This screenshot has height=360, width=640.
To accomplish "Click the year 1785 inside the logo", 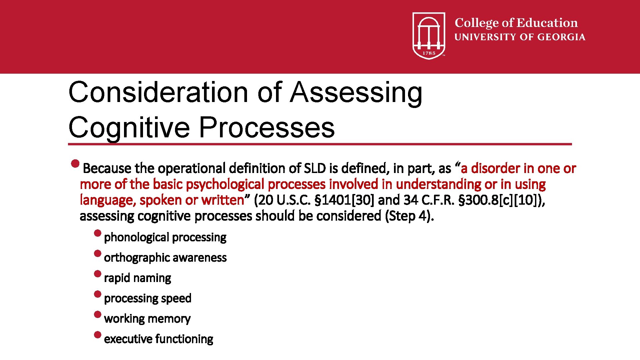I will pyautogui.click(x=429, y=53).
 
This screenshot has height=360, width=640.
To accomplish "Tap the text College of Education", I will pyautogui.click(x=516, y=23).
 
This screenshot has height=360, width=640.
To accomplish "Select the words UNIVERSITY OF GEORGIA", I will pyautogui.click(x=520, y=37).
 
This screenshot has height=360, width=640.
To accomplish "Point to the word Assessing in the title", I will pyautogui.click(x=356, y=92).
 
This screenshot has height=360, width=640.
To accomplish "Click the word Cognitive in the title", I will pyautogui.click(x=129, y=127).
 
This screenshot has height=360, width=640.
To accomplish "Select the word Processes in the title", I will pyautogui.click(x=267, y=127).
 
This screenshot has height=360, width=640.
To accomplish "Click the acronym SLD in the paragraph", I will pyautogui.click(x=315, y=168).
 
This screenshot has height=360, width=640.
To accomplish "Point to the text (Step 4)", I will pyautogui.click(x=409, y=216).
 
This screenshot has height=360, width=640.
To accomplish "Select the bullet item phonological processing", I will pyautogui.click(x=165, y=237).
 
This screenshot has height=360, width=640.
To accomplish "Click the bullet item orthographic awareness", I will pyautogui.click(x=165, y=258).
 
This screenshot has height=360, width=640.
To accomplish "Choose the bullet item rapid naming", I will pyautogui.click(x=137, y=278).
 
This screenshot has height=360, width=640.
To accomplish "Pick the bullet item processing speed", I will pyautogui.click(x=148, y=298).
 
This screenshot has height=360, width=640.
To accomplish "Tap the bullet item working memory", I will pyautogui.click(x=147, y=319).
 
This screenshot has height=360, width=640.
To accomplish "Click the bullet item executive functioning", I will pyautogui.click(x=158, y=339).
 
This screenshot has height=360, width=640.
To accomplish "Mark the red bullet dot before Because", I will pyautogui.click(x=76, y=164).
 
